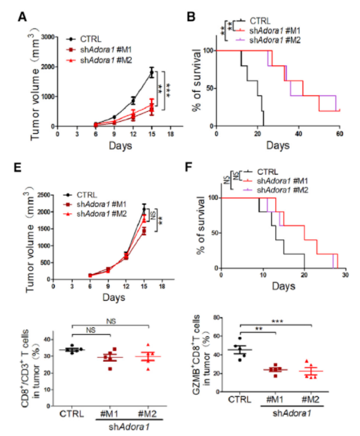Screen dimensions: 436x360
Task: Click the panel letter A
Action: tap(22, 16)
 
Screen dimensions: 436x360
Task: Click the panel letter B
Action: tap(190, 16)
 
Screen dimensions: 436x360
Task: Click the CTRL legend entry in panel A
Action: tap(89, 39)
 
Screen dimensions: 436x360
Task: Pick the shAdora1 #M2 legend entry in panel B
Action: tap(276, 40)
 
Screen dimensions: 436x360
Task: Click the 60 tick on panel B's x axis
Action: tap(339, 134)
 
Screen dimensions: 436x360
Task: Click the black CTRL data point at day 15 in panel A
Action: tap(151, 73)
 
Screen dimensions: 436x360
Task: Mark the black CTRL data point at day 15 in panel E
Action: tap(144, 209)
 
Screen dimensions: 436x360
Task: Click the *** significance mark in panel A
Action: tap(167, 89)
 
